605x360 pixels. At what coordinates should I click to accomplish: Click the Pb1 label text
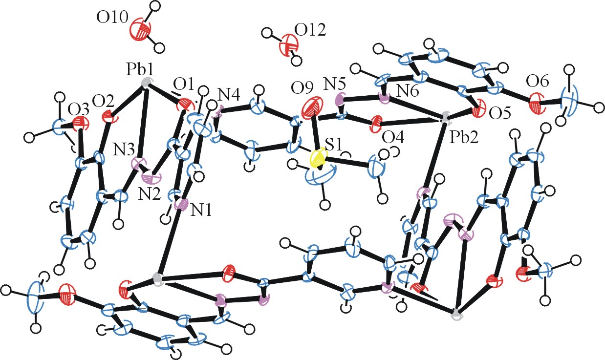(x=140, y=70)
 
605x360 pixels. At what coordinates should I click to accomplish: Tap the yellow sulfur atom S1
(x=318, y=159)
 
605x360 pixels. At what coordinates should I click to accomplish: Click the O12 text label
(x=310, y=30)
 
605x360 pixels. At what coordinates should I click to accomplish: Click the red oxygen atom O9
(x=312, y=108)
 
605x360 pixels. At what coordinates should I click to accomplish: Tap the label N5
(x=335, y=85)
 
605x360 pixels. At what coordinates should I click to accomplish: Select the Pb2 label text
(x=464, y=138)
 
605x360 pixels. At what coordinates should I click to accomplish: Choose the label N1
(x=201, y=210)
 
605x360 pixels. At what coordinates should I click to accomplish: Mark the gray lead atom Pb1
(x=146, y=82)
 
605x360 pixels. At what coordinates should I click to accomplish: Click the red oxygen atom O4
(x=376, y=124)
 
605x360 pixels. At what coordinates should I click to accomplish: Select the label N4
(x=229, y=95)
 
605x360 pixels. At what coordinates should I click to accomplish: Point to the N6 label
(x=408, y=92)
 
